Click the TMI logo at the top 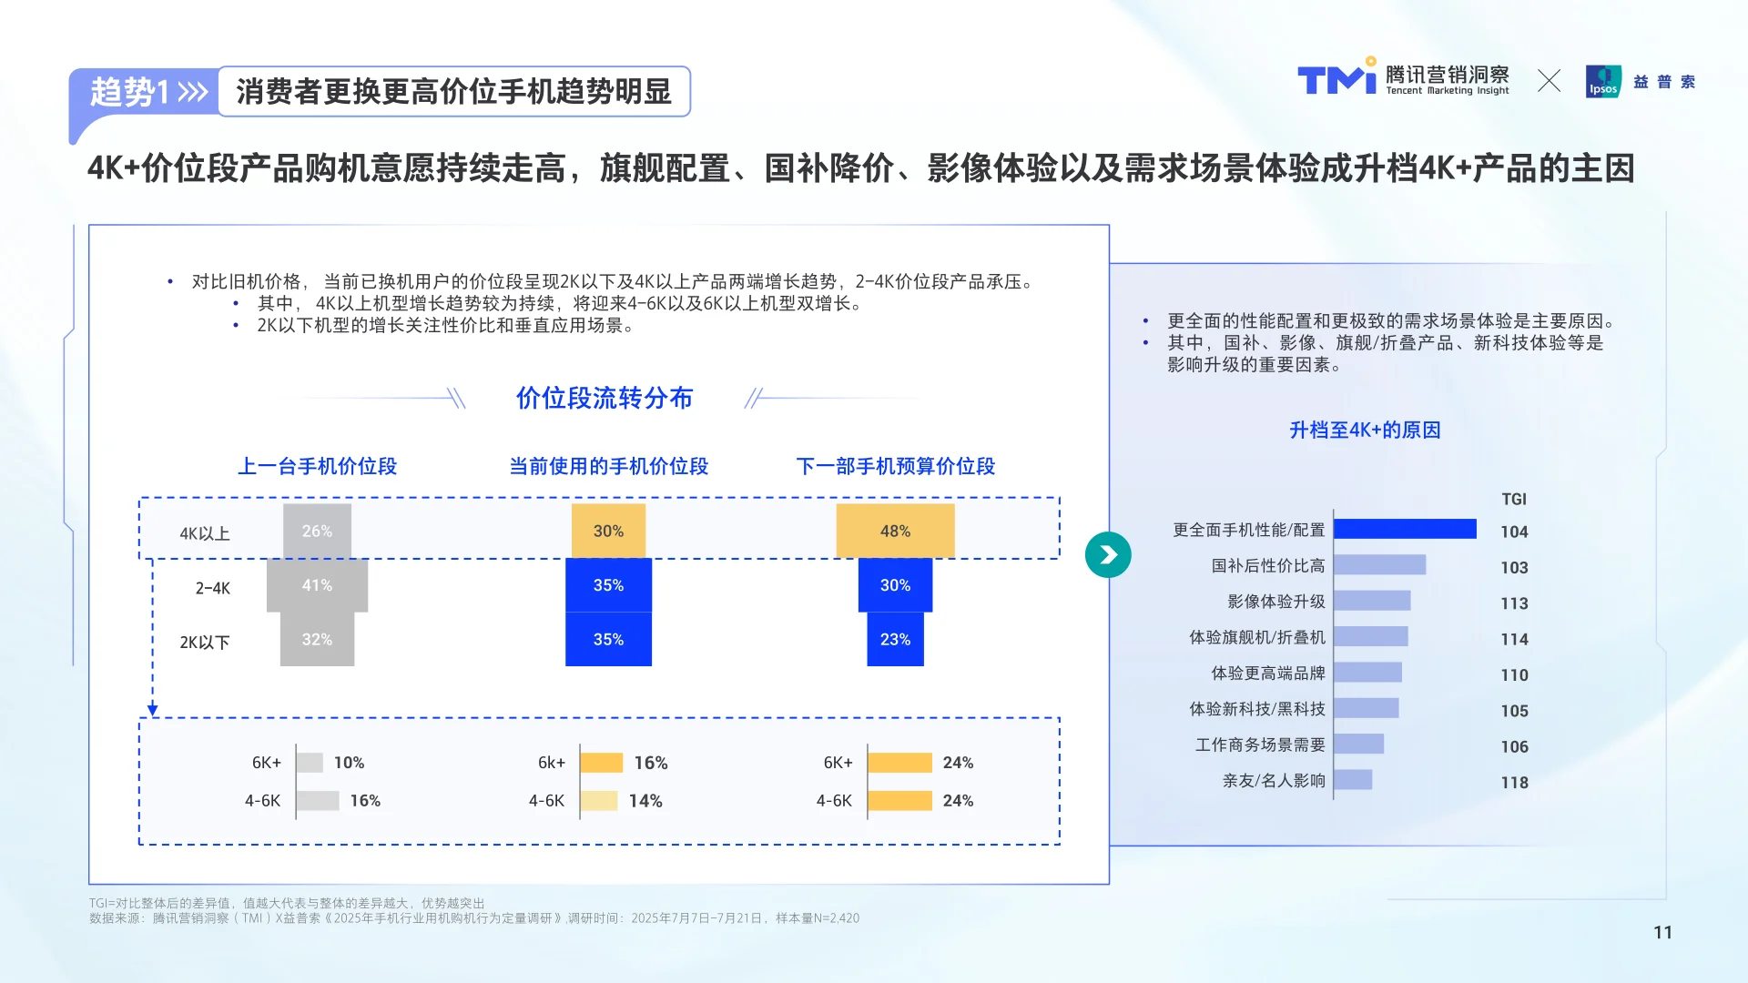tap(1336, 79)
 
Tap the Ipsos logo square tap(1602, 81)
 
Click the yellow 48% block tap(895, 531)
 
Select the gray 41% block tap(317, 585)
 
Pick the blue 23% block tap(895, 639)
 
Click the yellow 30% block tap(608, 531)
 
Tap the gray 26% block tap(317, 531)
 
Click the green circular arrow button tap(1108, 555)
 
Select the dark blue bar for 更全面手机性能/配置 tap(1405, 529)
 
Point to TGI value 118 tap(1514, 783)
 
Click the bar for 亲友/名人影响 tap(1353, 780)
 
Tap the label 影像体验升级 tap(1275, 602)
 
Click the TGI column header tap(1514, 499)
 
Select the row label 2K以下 tap(205, 642)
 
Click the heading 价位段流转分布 tap(605, 398)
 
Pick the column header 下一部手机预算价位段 tap(895, 466)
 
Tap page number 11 tap(1662, 932)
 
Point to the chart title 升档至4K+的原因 tap(1365, 430)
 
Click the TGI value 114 tap(1514, 639)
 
